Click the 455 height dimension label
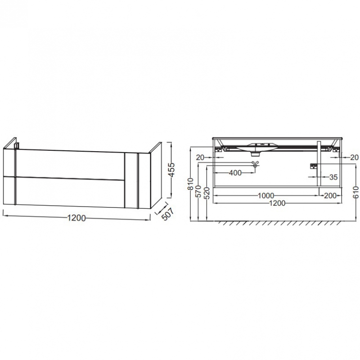(x=171, y=170)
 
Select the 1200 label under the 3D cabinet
(x=76, y=218)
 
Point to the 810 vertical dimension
(x=190, y=184)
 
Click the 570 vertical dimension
(x=198, y=191)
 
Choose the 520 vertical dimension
(x=207, y=193)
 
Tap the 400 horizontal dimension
(x=235, y=173)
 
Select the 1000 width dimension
(x=266, y=196)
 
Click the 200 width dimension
(x=330, y=196)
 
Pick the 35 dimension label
(x=333, y=177)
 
